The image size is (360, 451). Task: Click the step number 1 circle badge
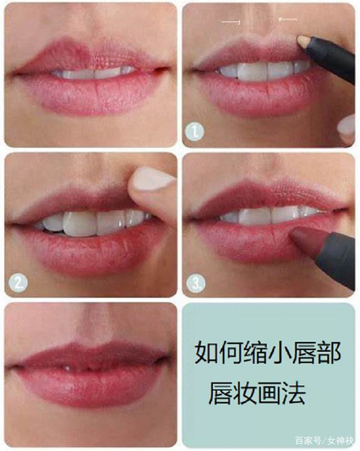(x=194, y=133)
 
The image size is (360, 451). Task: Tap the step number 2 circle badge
(x=18, y=283)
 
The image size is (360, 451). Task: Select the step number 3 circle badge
(x=196, y=283)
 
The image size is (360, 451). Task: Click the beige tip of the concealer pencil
(x=304, y=41)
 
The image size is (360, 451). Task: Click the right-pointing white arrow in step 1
(x=231, y=21)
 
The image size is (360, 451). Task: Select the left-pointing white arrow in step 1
(x=288, y=19)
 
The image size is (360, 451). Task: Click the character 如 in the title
(x=206, y=353)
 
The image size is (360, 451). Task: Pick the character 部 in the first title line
(x=330, y=353)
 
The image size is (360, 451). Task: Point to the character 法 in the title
(x=293, y=393)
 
